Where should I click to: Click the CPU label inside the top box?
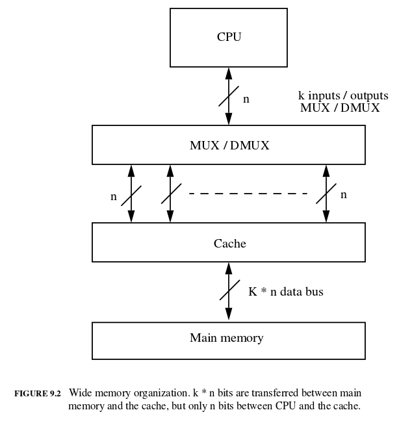229,37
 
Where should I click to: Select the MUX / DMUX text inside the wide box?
229,145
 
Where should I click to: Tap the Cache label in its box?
229,244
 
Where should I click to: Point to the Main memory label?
226,338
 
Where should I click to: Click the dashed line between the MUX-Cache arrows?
248,194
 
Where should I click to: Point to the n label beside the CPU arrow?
246,99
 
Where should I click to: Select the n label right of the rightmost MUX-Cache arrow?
344,194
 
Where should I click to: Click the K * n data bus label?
286,292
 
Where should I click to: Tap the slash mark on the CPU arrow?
229,96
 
